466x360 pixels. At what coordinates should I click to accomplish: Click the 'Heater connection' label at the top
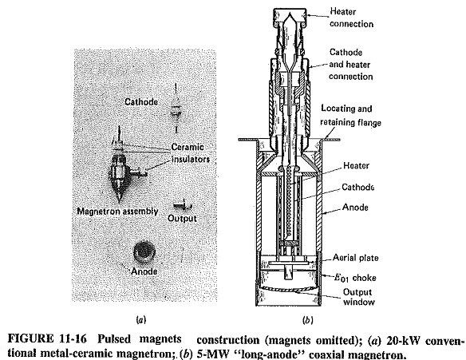click(x=351, y=18)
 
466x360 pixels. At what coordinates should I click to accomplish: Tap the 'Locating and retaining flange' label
click(x=350, y=116)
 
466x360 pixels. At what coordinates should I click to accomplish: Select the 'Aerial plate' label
click(x=355, y=258)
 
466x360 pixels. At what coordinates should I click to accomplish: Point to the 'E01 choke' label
click(x=355, y=278)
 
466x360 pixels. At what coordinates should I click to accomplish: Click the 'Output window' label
click(x=358, y=297)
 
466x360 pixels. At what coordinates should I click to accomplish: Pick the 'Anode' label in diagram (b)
click(x=355, y=207)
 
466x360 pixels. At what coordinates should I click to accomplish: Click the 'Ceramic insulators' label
click(x=191, y=153)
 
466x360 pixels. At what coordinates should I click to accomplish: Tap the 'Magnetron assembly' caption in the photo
click(x=117, y=211)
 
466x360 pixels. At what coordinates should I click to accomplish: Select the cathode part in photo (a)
click(x=176, y=109)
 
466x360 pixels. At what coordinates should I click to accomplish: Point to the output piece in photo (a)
click(x=182, y=205)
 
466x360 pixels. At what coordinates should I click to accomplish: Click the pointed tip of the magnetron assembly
click(x=119, y=202)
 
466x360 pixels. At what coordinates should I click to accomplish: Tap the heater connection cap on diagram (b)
click(x=290, y=18)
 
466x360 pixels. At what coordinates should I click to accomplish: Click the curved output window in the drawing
click(x=289, y=289)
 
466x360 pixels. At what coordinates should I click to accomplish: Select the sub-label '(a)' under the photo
click(x=140, y=320)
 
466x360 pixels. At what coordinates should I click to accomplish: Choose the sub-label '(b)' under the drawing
click(x=307, y=320)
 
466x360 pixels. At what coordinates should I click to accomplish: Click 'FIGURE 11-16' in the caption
click(x=47, y=339)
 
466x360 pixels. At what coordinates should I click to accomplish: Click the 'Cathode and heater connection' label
click(x=350, y=64)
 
